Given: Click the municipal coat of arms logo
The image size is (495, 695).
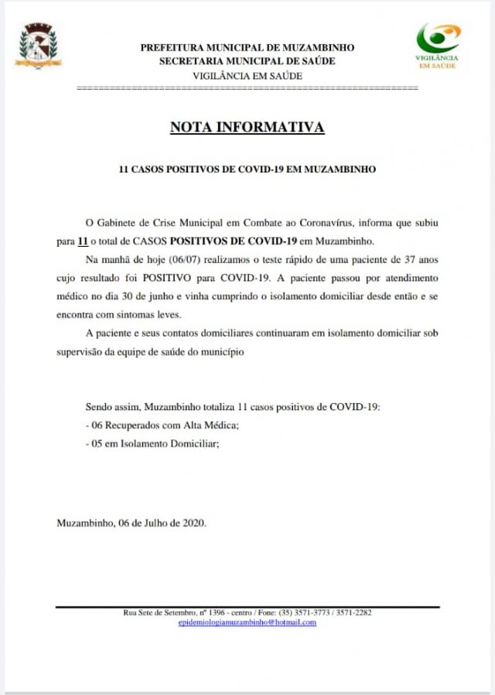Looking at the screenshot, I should tap(39, 48).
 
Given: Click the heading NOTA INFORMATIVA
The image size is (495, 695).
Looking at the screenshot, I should tap(247, 128).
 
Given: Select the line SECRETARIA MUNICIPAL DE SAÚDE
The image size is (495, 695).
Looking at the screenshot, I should tap(247, 61).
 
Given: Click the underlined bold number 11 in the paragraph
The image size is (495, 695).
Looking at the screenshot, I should tap(83, 241).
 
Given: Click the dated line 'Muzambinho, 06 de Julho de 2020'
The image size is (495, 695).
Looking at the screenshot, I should tap(131, 522).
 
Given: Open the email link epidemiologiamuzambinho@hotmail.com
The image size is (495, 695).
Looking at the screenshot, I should tap(247, 622).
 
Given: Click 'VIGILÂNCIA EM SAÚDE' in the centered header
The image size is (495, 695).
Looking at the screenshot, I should tap(247, 75).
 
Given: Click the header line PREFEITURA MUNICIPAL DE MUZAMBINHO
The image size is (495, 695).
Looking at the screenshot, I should tap(247, 47).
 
